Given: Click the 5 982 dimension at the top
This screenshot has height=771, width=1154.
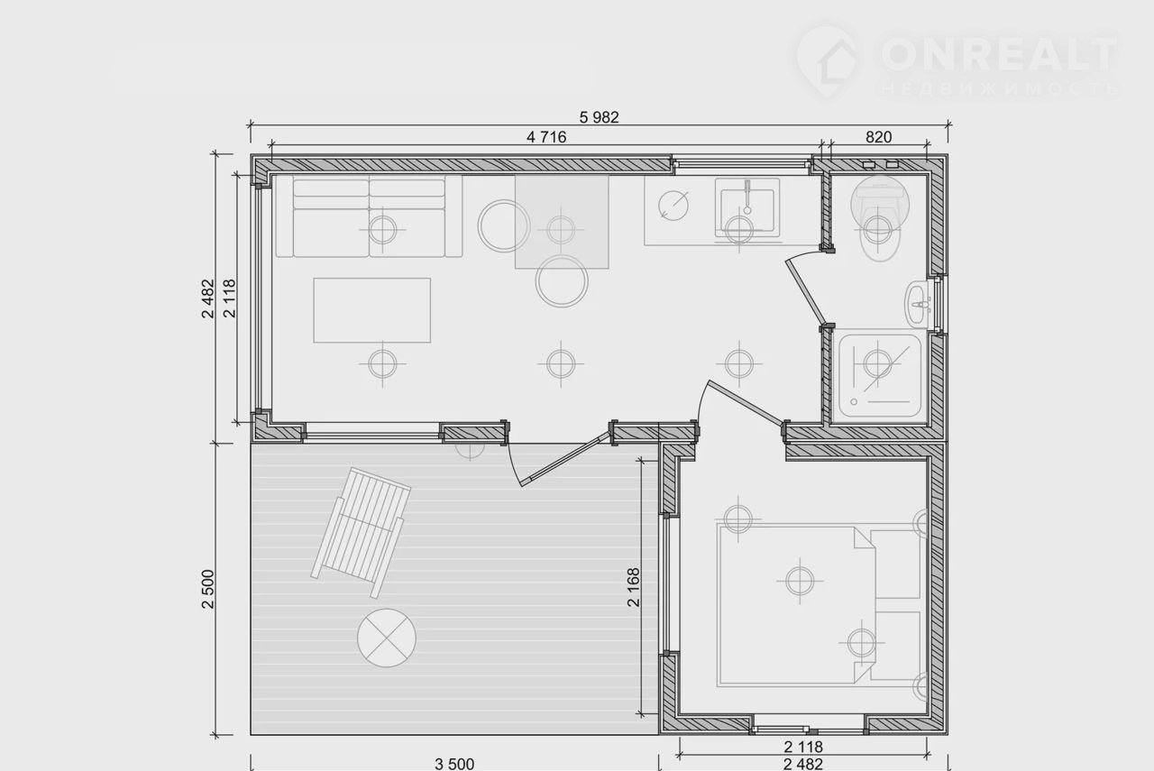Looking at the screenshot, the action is pos(599,117).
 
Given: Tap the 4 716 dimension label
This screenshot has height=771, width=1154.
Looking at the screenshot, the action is pos(546,137).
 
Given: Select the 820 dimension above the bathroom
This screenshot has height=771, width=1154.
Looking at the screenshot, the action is pos(878,137).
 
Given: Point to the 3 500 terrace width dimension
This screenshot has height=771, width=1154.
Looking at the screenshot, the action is pos(454,763).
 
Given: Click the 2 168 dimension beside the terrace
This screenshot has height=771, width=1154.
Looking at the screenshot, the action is pos(634,587).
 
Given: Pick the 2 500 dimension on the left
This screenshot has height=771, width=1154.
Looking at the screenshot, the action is pos(207,589).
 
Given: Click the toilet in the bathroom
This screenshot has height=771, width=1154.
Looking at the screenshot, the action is pos(880,219).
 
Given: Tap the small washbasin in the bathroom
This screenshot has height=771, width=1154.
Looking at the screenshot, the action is pos(918,304).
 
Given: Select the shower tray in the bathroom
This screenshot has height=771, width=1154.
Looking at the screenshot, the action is pos(880,376).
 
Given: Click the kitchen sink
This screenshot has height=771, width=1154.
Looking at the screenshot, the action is pos(747,207).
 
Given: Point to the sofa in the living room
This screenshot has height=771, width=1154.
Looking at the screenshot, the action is pos(369,216).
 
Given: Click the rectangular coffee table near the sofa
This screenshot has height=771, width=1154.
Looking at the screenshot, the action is pos(372,310).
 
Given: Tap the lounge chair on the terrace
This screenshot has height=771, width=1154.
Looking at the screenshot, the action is pos(361,532).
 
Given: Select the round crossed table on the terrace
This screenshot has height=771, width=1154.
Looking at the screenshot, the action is pos(387,638).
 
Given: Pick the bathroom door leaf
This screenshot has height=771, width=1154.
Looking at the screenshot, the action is pos(806,292).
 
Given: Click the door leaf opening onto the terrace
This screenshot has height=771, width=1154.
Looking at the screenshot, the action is pos(564,460).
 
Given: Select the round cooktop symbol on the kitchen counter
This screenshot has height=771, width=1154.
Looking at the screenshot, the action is pos(673,206).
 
